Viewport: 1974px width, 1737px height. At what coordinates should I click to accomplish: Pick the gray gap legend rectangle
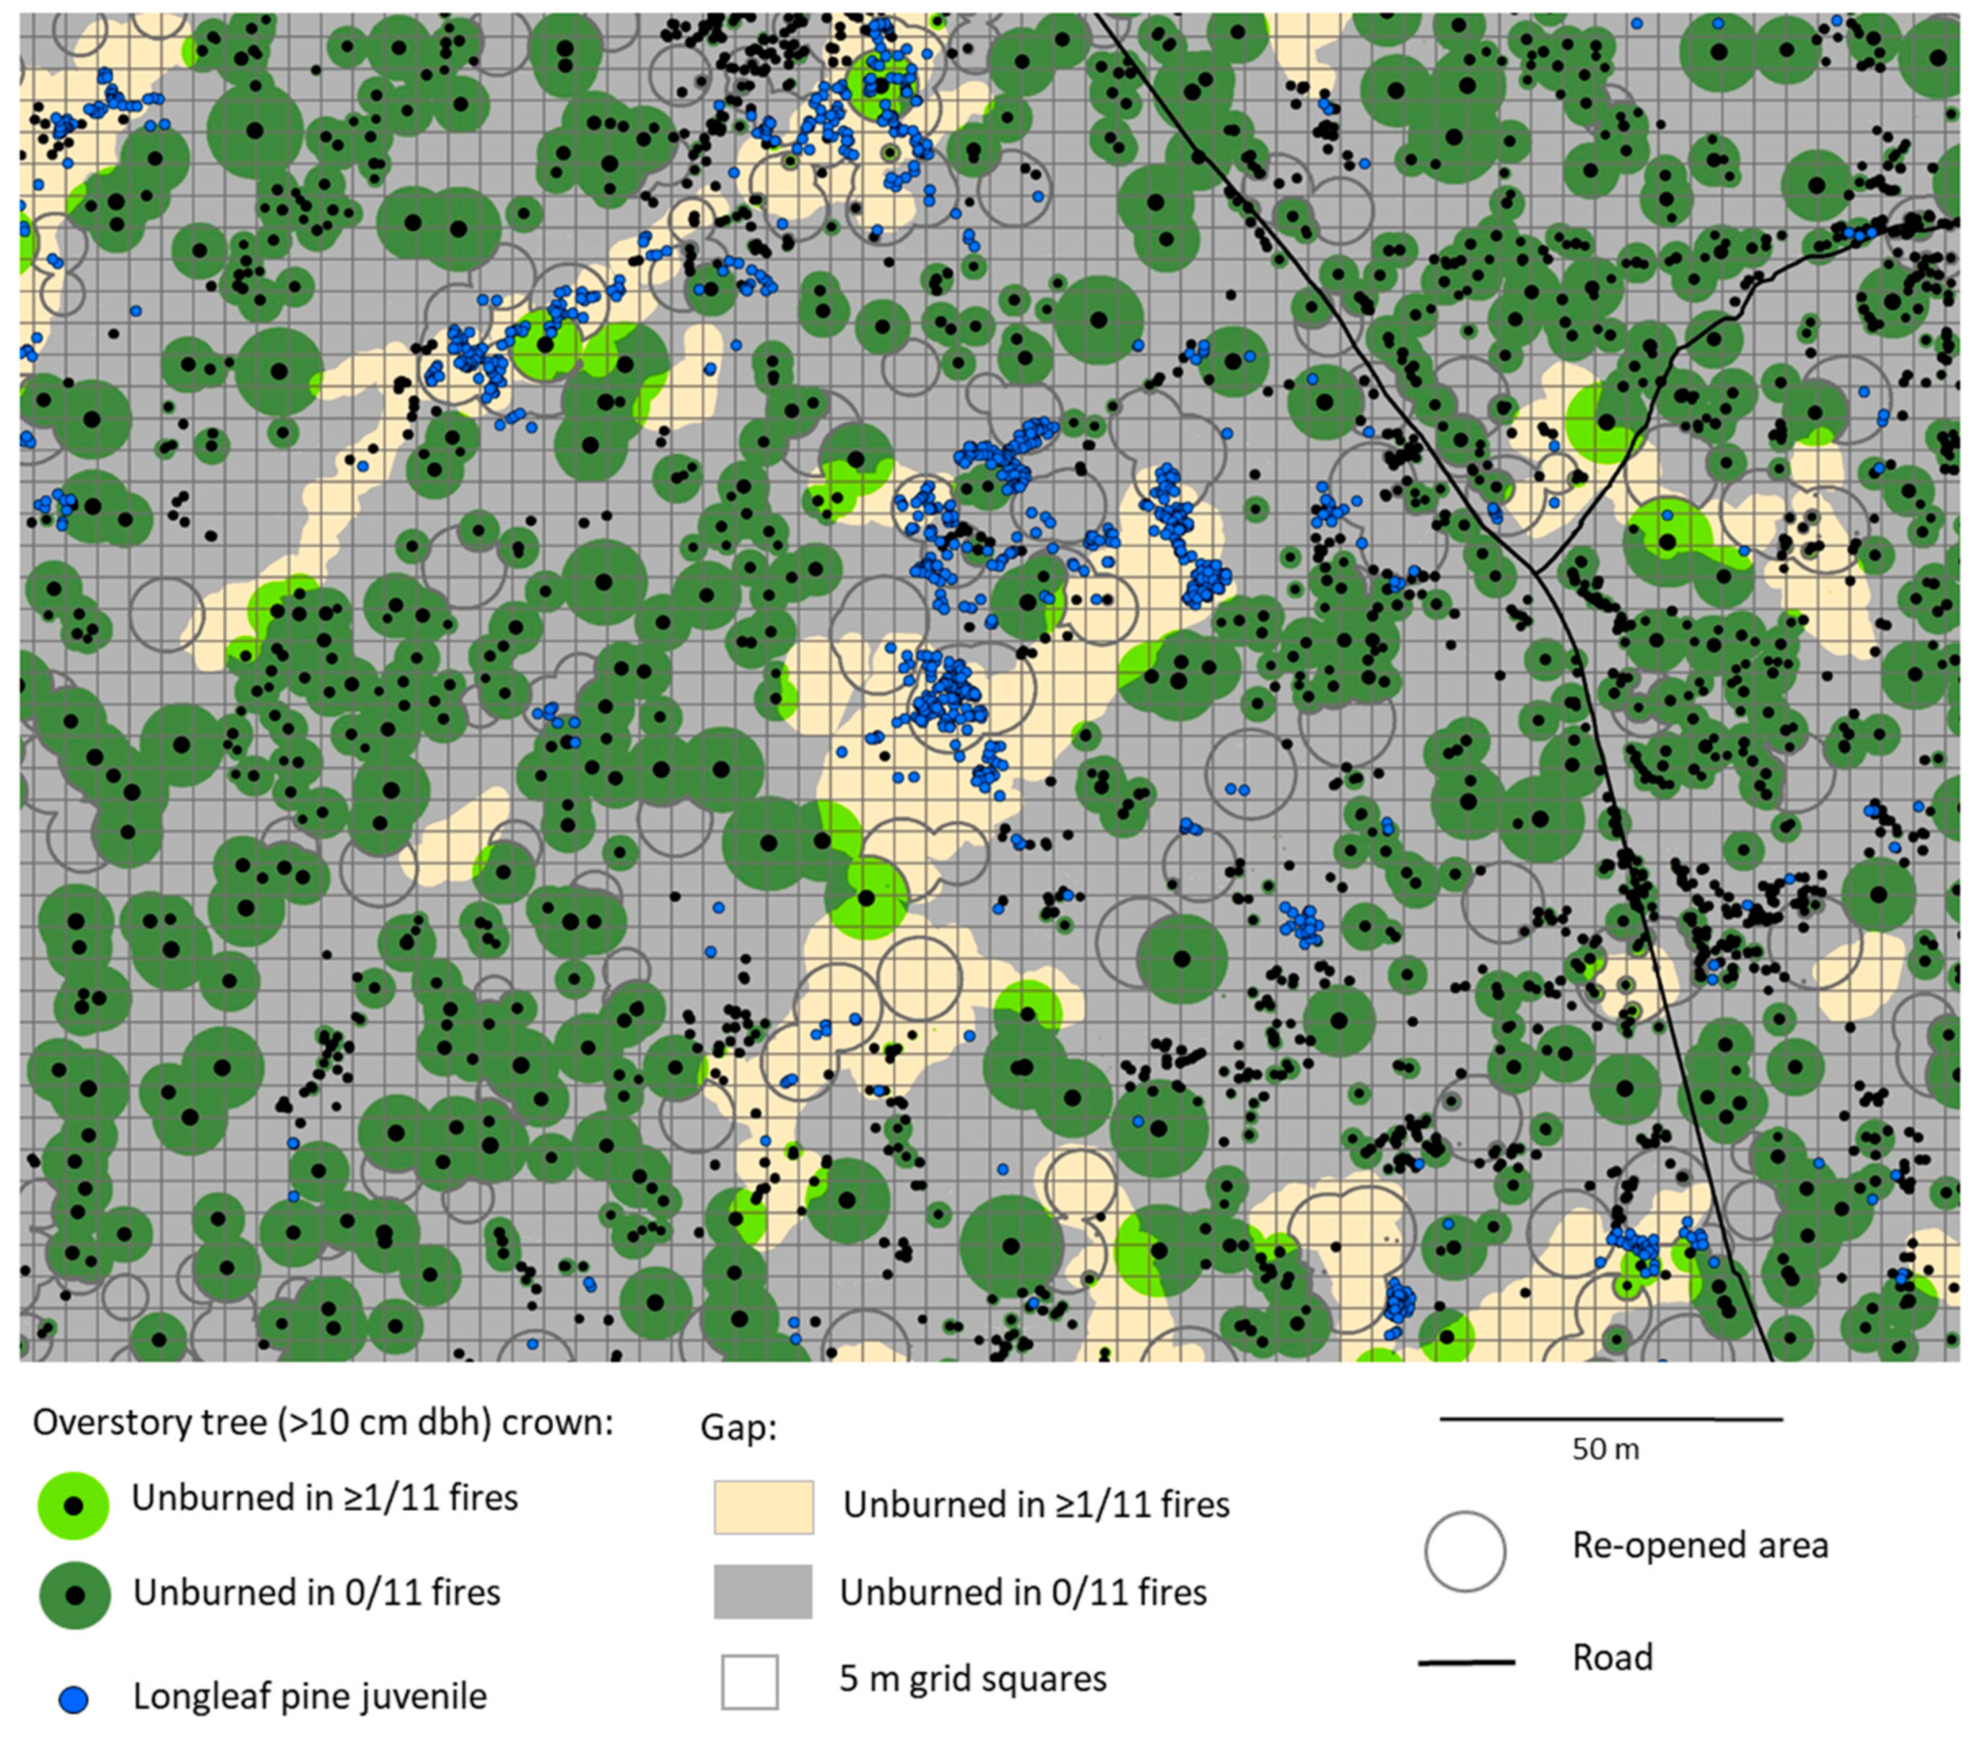763,1592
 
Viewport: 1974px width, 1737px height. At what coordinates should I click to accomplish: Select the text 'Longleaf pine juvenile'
309,1696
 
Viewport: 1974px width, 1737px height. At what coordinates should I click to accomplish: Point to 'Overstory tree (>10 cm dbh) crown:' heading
324,1422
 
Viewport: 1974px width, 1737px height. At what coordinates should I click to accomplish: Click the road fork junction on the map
1535,572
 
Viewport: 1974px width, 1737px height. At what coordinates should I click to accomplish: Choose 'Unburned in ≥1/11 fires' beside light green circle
324,1497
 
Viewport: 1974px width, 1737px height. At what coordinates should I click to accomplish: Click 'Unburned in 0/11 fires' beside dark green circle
317,1592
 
